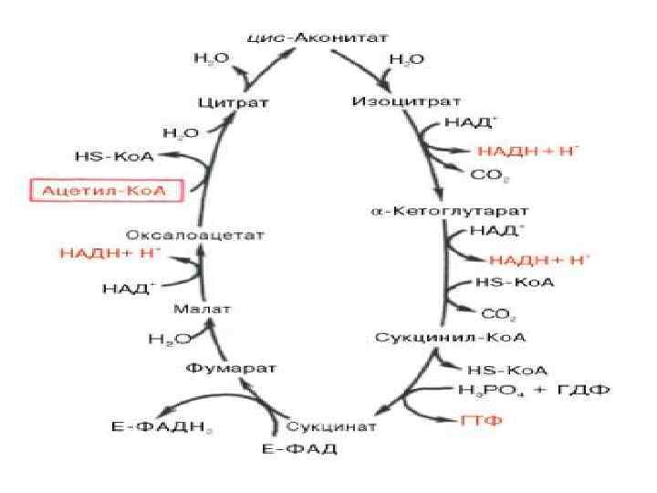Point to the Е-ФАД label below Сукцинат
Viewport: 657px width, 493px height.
pyautogui.click(x=300, y=449)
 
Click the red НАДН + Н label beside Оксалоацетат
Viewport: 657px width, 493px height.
pyautogui.click(x=109, y=252)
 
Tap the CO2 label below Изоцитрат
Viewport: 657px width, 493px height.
pyautogui.click(x=489, y=173)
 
